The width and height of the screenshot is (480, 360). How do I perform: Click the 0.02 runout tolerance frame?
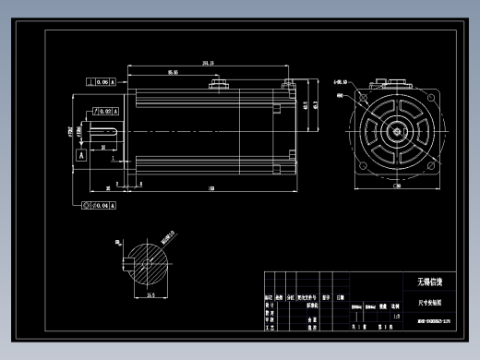tap(102, 111)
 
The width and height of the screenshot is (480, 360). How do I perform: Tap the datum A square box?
tap(80, 156)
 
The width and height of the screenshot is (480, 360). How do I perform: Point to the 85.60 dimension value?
tap(173, 72)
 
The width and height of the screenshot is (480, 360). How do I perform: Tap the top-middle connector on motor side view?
tap(221, 86)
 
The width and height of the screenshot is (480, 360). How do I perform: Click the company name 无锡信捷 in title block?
tap(427, 282)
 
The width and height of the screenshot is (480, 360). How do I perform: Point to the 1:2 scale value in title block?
tap(397, 316)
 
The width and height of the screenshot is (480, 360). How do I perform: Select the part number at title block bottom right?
tap(427, 323)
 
